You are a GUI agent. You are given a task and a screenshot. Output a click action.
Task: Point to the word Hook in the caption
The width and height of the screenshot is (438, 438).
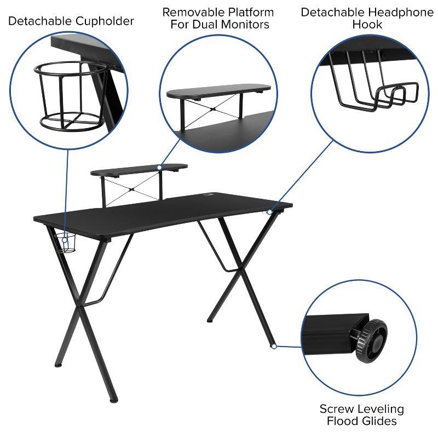367,25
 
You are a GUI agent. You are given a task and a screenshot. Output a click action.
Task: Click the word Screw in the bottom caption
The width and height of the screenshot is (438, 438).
336,409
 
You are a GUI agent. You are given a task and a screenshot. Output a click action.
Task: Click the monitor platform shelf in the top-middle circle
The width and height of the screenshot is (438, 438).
219,91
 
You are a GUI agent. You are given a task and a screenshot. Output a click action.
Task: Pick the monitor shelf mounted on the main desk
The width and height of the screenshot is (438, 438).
139,170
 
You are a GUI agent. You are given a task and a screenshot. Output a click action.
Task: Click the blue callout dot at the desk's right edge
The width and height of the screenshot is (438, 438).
269,212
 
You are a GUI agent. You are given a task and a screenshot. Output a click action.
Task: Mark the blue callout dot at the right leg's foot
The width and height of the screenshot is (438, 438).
273,346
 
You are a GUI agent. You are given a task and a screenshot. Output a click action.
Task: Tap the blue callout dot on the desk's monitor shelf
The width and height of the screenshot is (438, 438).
159,168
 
